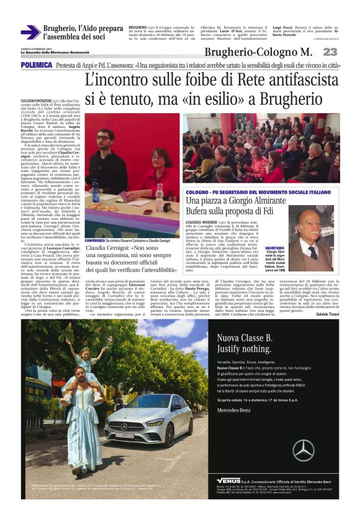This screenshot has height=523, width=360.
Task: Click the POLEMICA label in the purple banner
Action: coord(36,65)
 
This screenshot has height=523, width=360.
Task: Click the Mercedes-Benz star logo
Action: coord(303,450)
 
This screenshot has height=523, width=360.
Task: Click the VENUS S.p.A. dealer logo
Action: coord(232,480)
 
